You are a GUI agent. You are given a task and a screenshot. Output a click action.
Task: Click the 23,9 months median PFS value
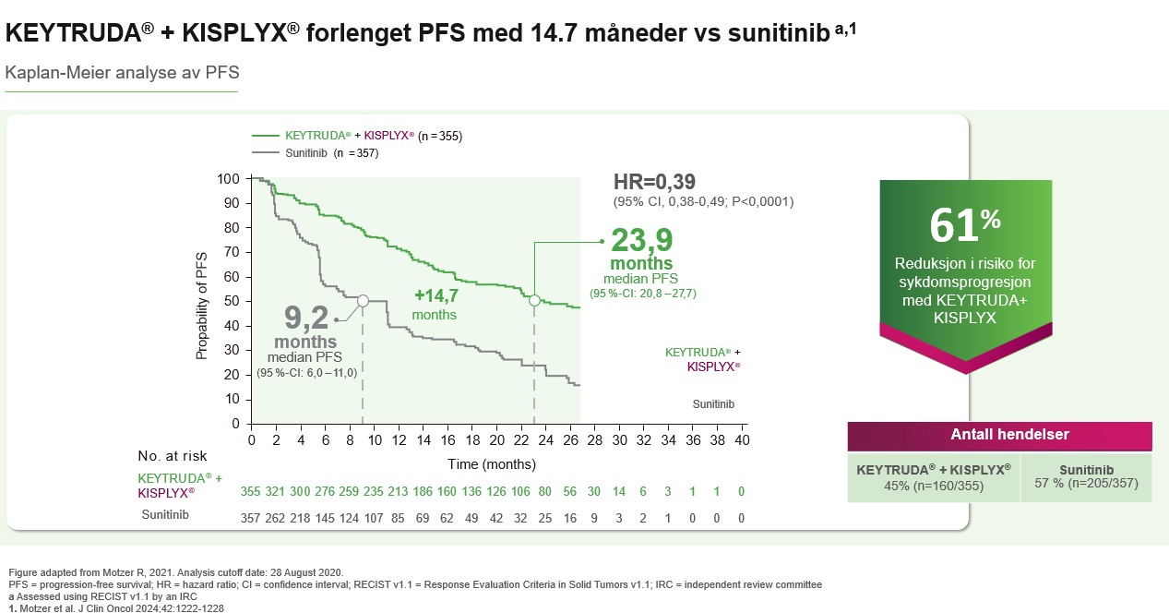[x=641, y=241]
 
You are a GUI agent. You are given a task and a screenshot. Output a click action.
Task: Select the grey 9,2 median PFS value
[x=306, y=319]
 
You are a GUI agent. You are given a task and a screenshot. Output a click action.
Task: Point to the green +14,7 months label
[x=435, y=296]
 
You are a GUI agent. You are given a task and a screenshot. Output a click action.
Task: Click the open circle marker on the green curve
[x=534, y=300]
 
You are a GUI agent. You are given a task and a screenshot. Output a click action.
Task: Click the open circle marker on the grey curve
[x=363, y=301]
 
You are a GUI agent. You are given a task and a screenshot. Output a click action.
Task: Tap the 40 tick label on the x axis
[x=741, y=439]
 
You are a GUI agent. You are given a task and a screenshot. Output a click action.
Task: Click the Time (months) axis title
[x=492, y=463]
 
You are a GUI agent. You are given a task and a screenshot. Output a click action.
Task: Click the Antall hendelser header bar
[x=999, y=435]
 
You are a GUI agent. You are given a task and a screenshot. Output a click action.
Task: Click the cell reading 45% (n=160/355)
[x=934, y=476]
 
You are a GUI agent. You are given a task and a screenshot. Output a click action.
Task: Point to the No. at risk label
[x=173, y=455]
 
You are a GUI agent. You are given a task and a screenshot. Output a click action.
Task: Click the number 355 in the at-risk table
[x=251, y=492]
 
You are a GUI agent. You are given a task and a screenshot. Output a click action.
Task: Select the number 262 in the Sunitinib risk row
[x=276, y=518]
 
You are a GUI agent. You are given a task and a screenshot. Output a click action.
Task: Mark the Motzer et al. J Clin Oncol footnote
[x=115, y=607]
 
